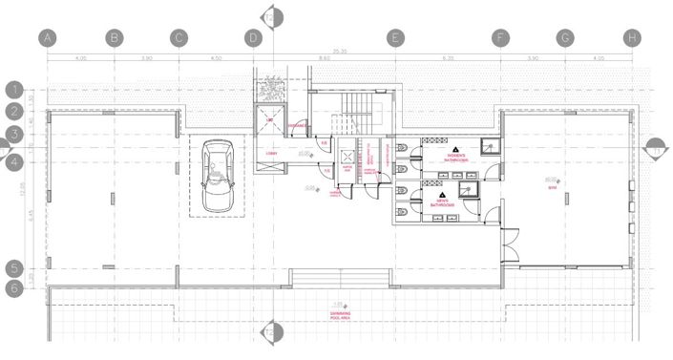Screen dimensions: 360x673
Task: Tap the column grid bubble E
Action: pos(393,38)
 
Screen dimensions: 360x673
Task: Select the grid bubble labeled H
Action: pos(631,38)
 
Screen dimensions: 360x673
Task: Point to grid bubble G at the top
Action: pos(566,38)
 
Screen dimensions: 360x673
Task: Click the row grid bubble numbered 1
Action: pos(15,90)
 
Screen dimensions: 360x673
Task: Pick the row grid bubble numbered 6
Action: pos(15,286)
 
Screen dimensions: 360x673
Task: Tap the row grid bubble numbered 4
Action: pos(15,162)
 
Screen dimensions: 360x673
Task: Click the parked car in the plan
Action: pos(221,176)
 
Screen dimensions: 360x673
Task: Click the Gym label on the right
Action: pos(552,187)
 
